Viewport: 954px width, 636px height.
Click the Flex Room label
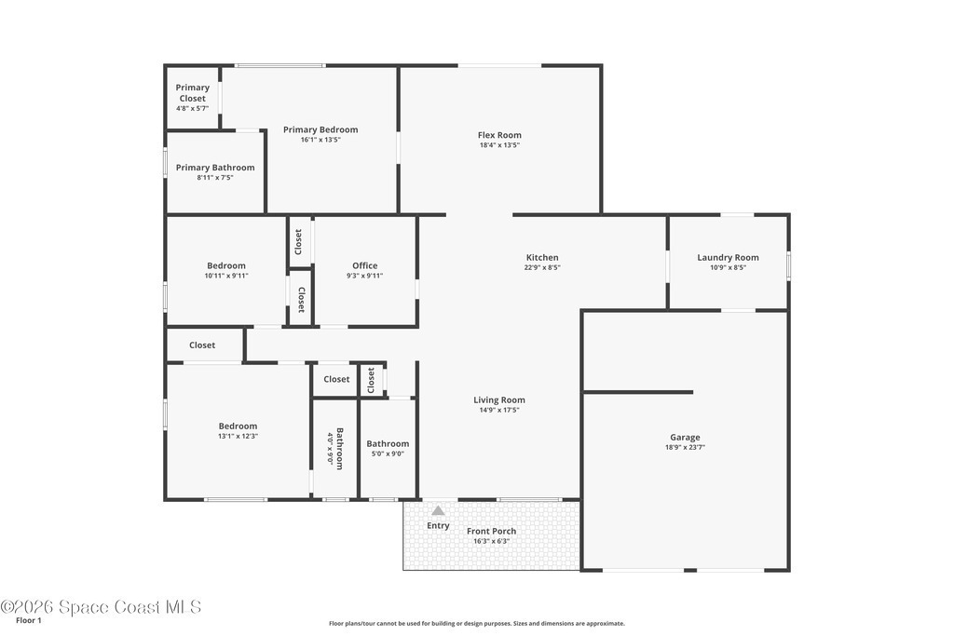[x=499, y=135]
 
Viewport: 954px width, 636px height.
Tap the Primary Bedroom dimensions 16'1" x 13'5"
[x=320, y=140]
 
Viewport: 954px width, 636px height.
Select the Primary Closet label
[x=192, y=93]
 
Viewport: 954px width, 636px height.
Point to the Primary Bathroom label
[x=215, y=168]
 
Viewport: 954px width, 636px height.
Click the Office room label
[x=365, y=265]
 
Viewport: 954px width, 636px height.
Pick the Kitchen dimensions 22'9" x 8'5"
[x=542, y=267]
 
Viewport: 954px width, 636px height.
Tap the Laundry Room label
[x=729, y=257]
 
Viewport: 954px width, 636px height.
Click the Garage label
[x=685, y=437]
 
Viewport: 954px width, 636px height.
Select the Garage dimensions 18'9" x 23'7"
[x=685, y=448]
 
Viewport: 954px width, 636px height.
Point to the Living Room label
[x=499, y=400]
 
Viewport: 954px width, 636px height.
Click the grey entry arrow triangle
[x=438, y=510]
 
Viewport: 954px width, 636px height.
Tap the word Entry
[x=438, y=525]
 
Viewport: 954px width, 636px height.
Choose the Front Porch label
[x=492, y=531]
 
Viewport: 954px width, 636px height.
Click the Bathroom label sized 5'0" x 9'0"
[x=388, y=444]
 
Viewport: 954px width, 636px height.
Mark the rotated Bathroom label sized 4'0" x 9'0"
[x=340, y=449]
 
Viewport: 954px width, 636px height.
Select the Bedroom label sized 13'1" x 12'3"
[x=238, y=426]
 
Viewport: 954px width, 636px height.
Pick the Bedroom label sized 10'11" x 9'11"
[x=226, y=265]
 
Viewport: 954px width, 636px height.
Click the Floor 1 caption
[x=29, y=621]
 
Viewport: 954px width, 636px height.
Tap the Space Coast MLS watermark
[x=101, y=607]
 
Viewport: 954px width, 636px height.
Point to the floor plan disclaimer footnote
[x=477, y=623]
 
